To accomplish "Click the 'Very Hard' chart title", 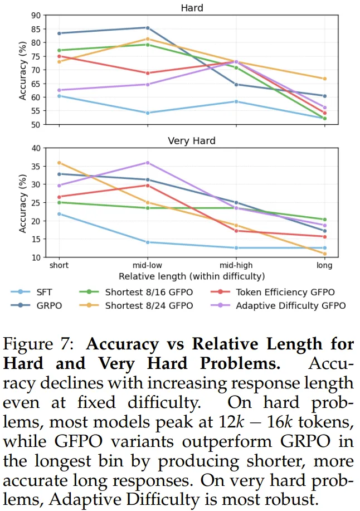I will pyautogui.click(x=192, y=141).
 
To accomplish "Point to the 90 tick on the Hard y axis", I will pyautogui.click(x=38, y=16).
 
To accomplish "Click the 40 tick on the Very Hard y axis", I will pyautogui.click(x=38, y=148).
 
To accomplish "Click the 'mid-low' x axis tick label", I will pyautogui.click(x=148, y=266).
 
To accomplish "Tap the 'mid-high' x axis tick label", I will pyautogui.click(x=236, y=266).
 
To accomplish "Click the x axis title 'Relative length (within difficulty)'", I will pyautogui.click(x=192, y=276).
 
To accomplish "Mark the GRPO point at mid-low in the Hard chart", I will pyautogui.click(x=148, y=27).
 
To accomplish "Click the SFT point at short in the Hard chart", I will pyautogui.click(x=59, y=96).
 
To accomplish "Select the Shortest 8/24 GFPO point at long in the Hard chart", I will pyautogui.click(x=325, y=79).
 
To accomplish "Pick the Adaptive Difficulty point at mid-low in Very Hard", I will pyautogui.click(x=148, y=163).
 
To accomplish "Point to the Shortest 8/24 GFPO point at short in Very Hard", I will pyautogui.click(x=59, y=163).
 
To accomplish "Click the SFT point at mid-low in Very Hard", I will pyautogui.click(x=148, y=242).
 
